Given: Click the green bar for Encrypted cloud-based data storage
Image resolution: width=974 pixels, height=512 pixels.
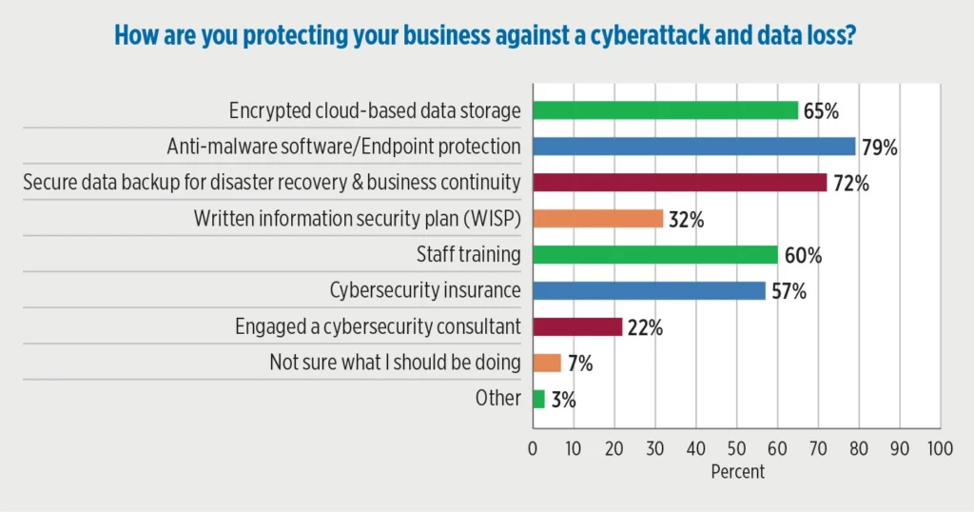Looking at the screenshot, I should point(665,110).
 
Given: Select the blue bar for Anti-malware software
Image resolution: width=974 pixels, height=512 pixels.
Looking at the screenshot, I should point(693,147).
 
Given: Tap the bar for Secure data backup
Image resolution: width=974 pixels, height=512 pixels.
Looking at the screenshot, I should point(679,183).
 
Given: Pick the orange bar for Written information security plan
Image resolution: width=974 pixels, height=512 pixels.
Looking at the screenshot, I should point(597,219).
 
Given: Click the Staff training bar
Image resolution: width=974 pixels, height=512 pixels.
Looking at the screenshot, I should point(654,255).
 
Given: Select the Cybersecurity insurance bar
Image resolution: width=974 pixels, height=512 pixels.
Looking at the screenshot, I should point(649,291).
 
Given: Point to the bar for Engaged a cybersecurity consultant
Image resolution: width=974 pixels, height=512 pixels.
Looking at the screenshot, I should point(577,327).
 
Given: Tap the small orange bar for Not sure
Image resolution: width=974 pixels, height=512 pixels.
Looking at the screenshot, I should point(547,363).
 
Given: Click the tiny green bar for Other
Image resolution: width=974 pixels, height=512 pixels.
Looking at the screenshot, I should point(538,399).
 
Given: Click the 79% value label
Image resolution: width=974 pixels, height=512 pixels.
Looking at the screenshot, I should point(880,148).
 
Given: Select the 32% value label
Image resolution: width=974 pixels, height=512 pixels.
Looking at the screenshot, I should point(686,220).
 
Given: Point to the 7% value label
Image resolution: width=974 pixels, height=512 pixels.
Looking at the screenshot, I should point(580,364).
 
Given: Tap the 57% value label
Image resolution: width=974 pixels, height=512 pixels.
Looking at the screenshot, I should point(788,292).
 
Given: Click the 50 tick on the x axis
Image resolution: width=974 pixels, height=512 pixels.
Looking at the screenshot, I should point(736,447).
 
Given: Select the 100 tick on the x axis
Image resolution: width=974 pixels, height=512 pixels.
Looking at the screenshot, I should point(940,447).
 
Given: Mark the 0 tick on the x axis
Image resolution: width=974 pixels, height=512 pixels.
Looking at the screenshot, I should point(533,447).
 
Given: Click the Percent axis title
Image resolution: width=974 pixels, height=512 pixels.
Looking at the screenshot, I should point(737,470).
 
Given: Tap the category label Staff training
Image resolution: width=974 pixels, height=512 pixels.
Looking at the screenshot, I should point(468,255).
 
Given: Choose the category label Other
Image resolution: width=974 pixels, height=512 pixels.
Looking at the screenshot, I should point(497,399).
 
